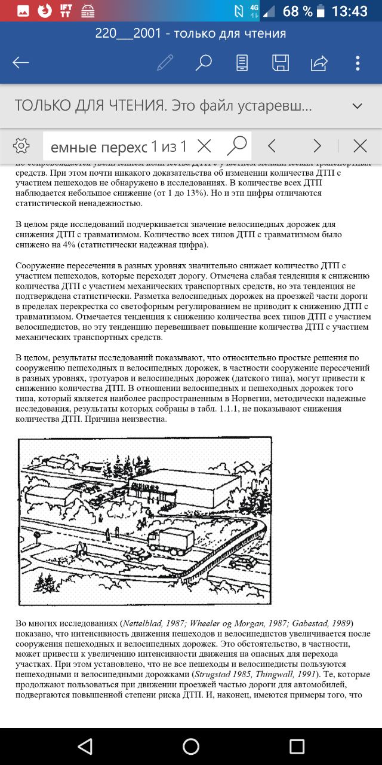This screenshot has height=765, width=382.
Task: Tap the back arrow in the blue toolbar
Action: coord(21,63)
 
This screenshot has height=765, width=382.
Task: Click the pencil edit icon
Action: coord(165,63)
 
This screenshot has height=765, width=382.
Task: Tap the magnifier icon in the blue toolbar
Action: coord(204,63)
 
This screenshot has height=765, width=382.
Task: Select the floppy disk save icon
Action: coord(281,63)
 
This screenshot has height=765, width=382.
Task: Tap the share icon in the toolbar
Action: coord(319,63)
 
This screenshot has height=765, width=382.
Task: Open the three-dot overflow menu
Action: coord(358,63)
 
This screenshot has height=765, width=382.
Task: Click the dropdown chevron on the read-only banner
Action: coord(358,106)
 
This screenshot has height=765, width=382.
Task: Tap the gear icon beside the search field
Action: coord(21,146)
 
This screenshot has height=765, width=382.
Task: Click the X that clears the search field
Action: coord(204,146)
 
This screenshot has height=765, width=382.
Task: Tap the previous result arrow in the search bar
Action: coord(272,146)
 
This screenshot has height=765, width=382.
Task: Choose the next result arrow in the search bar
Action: coord(317,146)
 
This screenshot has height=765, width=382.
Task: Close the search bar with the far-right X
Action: coord(360,146)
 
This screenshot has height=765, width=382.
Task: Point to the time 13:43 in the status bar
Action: coord(349,11)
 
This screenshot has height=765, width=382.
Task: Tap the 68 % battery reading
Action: coord(298,11)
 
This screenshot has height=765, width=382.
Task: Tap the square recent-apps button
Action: coord(297,746)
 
